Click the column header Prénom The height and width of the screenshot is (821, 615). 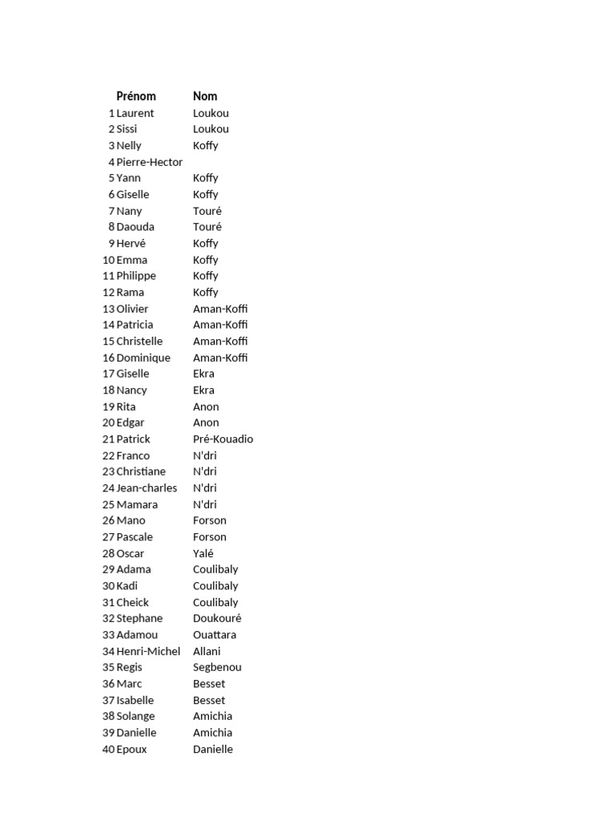pos(136,96)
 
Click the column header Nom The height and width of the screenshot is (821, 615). pos(205,96)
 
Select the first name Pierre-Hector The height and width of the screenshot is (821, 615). pos(150,162)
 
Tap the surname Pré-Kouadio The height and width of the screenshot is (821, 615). pos(223,439)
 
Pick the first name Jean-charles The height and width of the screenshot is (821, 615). pos(147,488)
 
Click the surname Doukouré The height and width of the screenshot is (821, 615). pos(217,618)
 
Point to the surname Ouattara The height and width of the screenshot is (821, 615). pos(215,635)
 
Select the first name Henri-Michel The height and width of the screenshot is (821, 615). pos(148,651)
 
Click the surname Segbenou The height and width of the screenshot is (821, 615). pos(217,667)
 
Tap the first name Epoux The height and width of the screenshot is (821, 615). pos(132,749)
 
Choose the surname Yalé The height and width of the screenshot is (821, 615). pos(203,553)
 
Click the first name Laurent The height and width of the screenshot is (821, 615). pos(135,113)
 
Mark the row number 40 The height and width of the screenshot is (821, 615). pos(108,749)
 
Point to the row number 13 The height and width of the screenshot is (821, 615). pos(108,309)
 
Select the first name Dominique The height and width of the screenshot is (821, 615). pos(143,358)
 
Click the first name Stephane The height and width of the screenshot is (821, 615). pos(139,618)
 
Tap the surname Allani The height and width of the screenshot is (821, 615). pos(207,651)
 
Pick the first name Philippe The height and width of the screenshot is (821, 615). pos(136,276)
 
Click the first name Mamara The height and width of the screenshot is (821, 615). pos(137,504)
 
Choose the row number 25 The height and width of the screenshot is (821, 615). pos(108,504)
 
